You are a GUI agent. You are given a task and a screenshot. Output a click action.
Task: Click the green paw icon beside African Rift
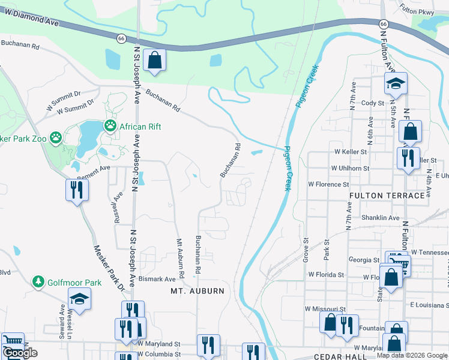pos(110,126)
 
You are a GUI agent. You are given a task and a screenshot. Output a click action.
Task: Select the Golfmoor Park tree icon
pos(38,282)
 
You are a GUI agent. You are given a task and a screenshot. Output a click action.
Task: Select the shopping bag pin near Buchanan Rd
pos(154,61)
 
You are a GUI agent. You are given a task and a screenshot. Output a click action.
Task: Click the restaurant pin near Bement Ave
pos(77,190)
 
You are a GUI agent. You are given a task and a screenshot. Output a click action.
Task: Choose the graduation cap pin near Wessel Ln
pos(79,298)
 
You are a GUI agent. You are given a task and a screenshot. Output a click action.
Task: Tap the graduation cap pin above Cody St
pos(396,83)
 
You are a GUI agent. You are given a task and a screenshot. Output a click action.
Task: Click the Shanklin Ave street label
pos(380,218)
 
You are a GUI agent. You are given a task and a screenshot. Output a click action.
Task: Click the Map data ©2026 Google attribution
pos(412,355)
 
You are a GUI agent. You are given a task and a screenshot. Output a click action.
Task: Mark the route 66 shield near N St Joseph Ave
pos(121,38)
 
